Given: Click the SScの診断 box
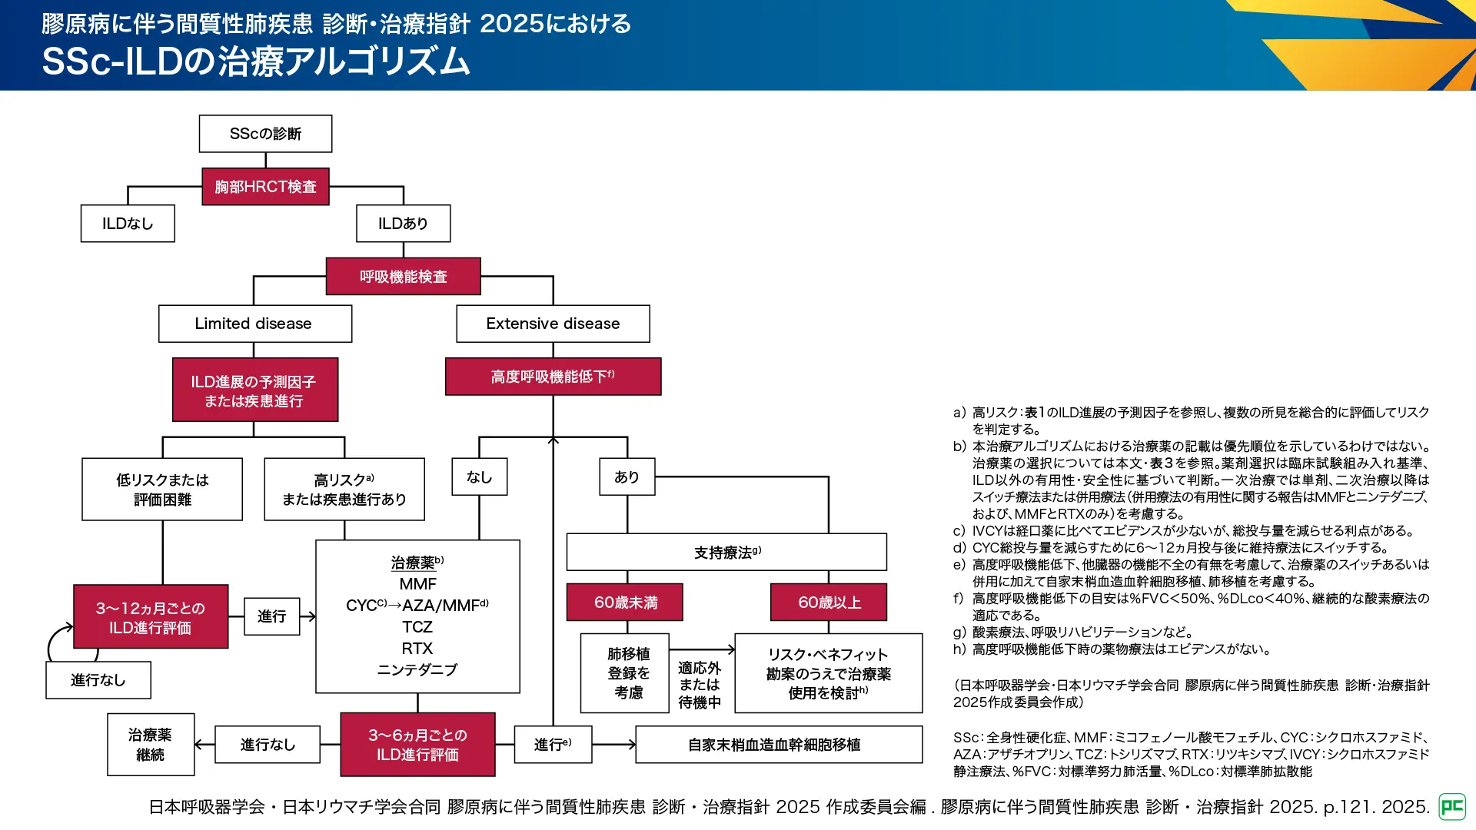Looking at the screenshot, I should coord(265,134).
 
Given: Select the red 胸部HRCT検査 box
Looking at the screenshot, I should coord(265,187).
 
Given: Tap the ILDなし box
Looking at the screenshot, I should coord(128,224).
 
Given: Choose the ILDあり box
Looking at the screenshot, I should coord(403,224).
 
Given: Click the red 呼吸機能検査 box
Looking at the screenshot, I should coord(403,277).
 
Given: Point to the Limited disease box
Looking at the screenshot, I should coord(254,324).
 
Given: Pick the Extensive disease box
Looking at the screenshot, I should coord(553,324).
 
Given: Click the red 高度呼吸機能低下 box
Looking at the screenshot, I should coord(553,377).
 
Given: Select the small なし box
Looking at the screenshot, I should coord(479,477).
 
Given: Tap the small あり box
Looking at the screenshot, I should coord(627,477).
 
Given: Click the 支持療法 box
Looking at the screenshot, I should coord(726,553).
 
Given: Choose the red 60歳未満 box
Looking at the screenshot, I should coord(624,603).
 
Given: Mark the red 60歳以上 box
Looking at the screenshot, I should coord(828,603).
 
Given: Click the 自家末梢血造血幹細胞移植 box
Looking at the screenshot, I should coord(778,745).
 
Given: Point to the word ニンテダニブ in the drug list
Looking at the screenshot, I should coord(417,670).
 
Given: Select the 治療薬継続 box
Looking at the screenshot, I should coord(151,745).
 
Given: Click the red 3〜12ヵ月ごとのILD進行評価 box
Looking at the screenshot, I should coord(151,617).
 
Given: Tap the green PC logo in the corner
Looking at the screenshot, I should coord(1451,807).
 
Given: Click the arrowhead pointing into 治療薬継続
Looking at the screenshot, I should coord(199,745).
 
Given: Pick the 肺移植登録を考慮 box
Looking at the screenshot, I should coord(627,673).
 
